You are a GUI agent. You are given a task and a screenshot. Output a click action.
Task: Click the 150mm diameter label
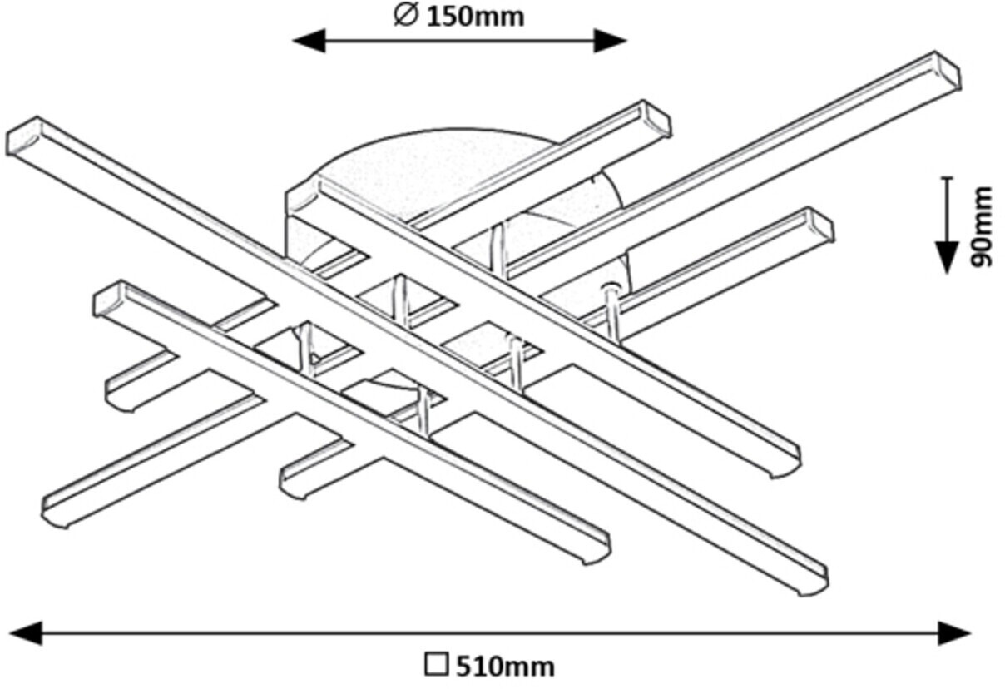point(475,16)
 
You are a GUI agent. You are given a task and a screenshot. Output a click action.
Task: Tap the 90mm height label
point(983,226)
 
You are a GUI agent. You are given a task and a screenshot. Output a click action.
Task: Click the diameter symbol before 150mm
point(405,15)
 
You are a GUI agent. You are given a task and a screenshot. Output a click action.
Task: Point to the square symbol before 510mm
point(436,665)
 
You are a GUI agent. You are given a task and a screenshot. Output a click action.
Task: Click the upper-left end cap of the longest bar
point(23,137)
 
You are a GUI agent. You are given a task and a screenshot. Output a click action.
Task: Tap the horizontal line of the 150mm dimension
point(458,40)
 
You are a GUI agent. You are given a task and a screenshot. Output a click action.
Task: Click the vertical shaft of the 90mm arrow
point(947,208)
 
